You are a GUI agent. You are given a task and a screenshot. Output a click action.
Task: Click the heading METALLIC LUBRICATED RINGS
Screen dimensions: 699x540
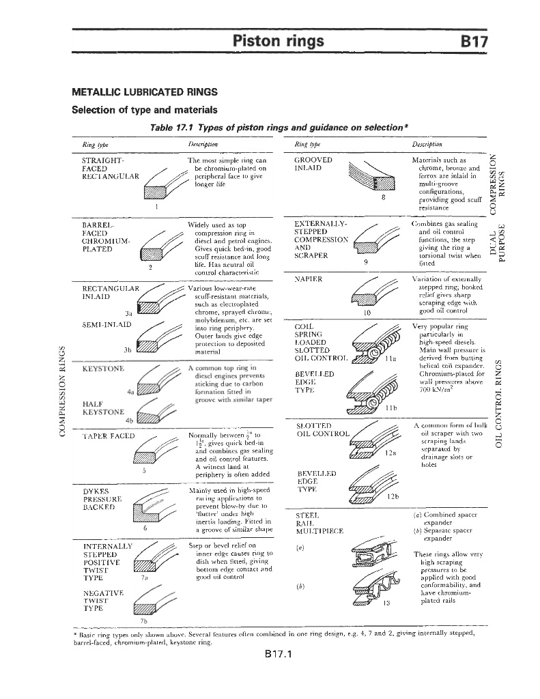(145, 91)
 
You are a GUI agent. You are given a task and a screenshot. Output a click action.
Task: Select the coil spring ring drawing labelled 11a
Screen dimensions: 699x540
(372, 341)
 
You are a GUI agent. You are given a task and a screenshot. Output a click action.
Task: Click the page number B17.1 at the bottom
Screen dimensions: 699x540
(270, 655)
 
